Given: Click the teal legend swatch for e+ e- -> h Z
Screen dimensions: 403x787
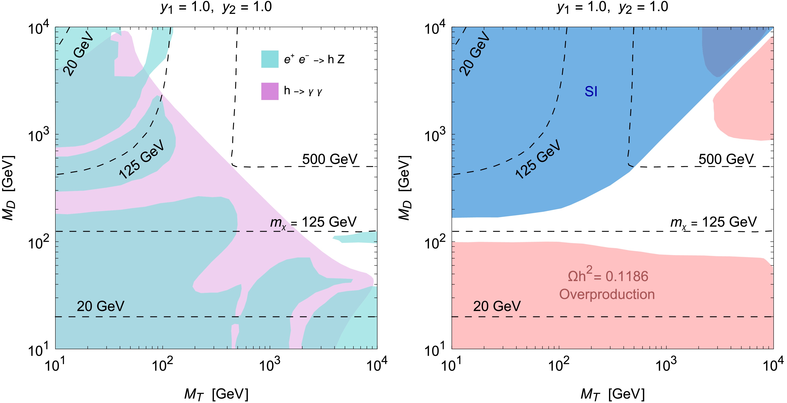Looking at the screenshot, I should click(270, 59).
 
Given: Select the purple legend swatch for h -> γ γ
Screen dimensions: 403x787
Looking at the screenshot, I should click(270, 91).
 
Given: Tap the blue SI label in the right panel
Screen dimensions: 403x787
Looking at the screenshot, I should click(591, 92).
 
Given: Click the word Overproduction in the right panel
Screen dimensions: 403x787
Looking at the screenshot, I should click(607, 294).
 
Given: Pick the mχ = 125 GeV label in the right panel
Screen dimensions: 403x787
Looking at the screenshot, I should click(713, 222).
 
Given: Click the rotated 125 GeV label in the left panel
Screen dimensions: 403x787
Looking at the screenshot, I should click(141, 159).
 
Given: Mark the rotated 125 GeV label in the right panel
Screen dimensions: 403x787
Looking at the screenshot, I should click(538, 159).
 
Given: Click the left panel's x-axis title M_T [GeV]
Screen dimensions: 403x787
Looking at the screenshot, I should click(216, 394).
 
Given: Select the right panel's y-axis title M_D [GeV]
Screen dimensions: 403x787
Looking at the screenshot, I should click(405, 188).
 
